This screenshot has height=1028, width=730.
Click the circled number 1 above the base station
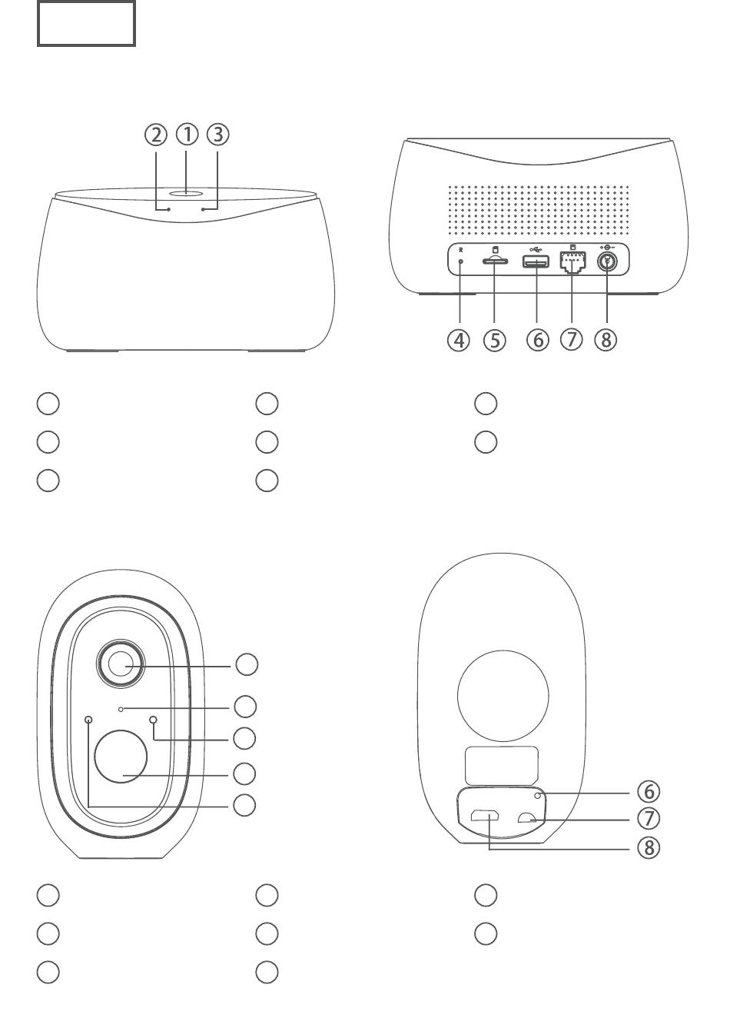[x=187, y=135]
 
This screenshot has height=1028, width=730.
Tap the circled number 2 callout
[x=156, y=135]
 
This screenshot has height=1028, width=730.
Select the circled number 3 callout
[x=217, y=135]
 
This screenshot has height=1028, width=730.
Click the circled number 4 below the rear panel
[x=459, y=340]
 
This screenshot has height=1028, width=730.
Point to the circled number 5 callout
[x=495, y=340]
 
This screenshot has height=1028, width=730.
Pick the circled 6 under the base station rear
[x=537, y=340]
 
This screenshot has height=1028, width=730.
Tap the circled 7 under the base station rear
[x=572, y=340]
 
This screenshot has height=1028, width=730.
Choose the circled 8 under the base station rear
[x=606, y=340]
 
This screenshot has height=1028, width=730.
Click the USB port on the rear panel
[x=536, y=262]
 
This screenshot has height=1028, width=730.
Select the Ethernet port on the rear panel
[x=572, y=263]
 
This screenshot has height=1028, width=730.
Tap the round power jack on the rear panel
[x=609, y=261]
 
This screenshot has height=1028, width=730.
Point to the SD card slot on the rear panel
[x=494, y=262]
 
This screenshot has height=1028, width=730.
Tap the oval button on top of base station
[x=187, y=195]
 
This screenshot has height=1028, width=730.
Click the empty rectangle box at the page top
[x=86, y=24]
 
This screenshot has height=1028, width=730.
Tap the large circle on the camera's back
[x=503, y=696]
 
